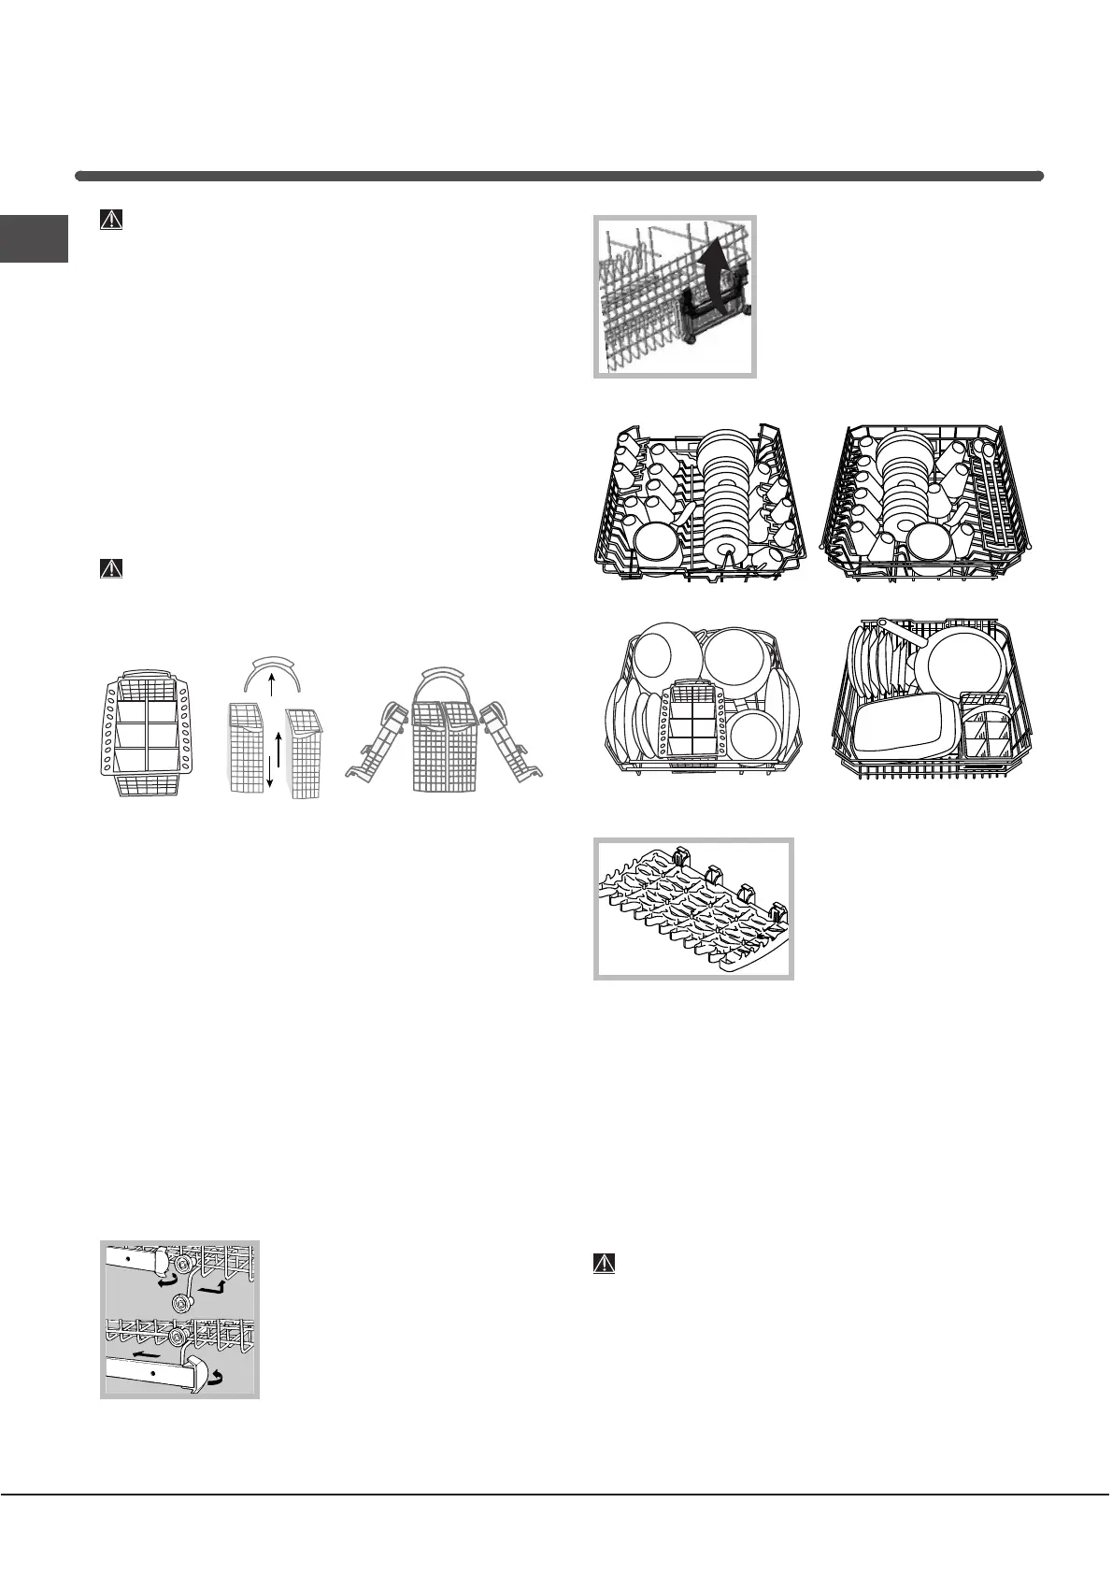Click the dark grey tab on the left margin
34,238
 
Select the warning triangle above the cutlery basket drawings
111,568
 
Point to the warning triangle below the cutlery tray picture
606,1263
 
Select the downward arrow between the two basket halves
270,766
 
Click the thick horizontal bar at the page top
559,176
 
